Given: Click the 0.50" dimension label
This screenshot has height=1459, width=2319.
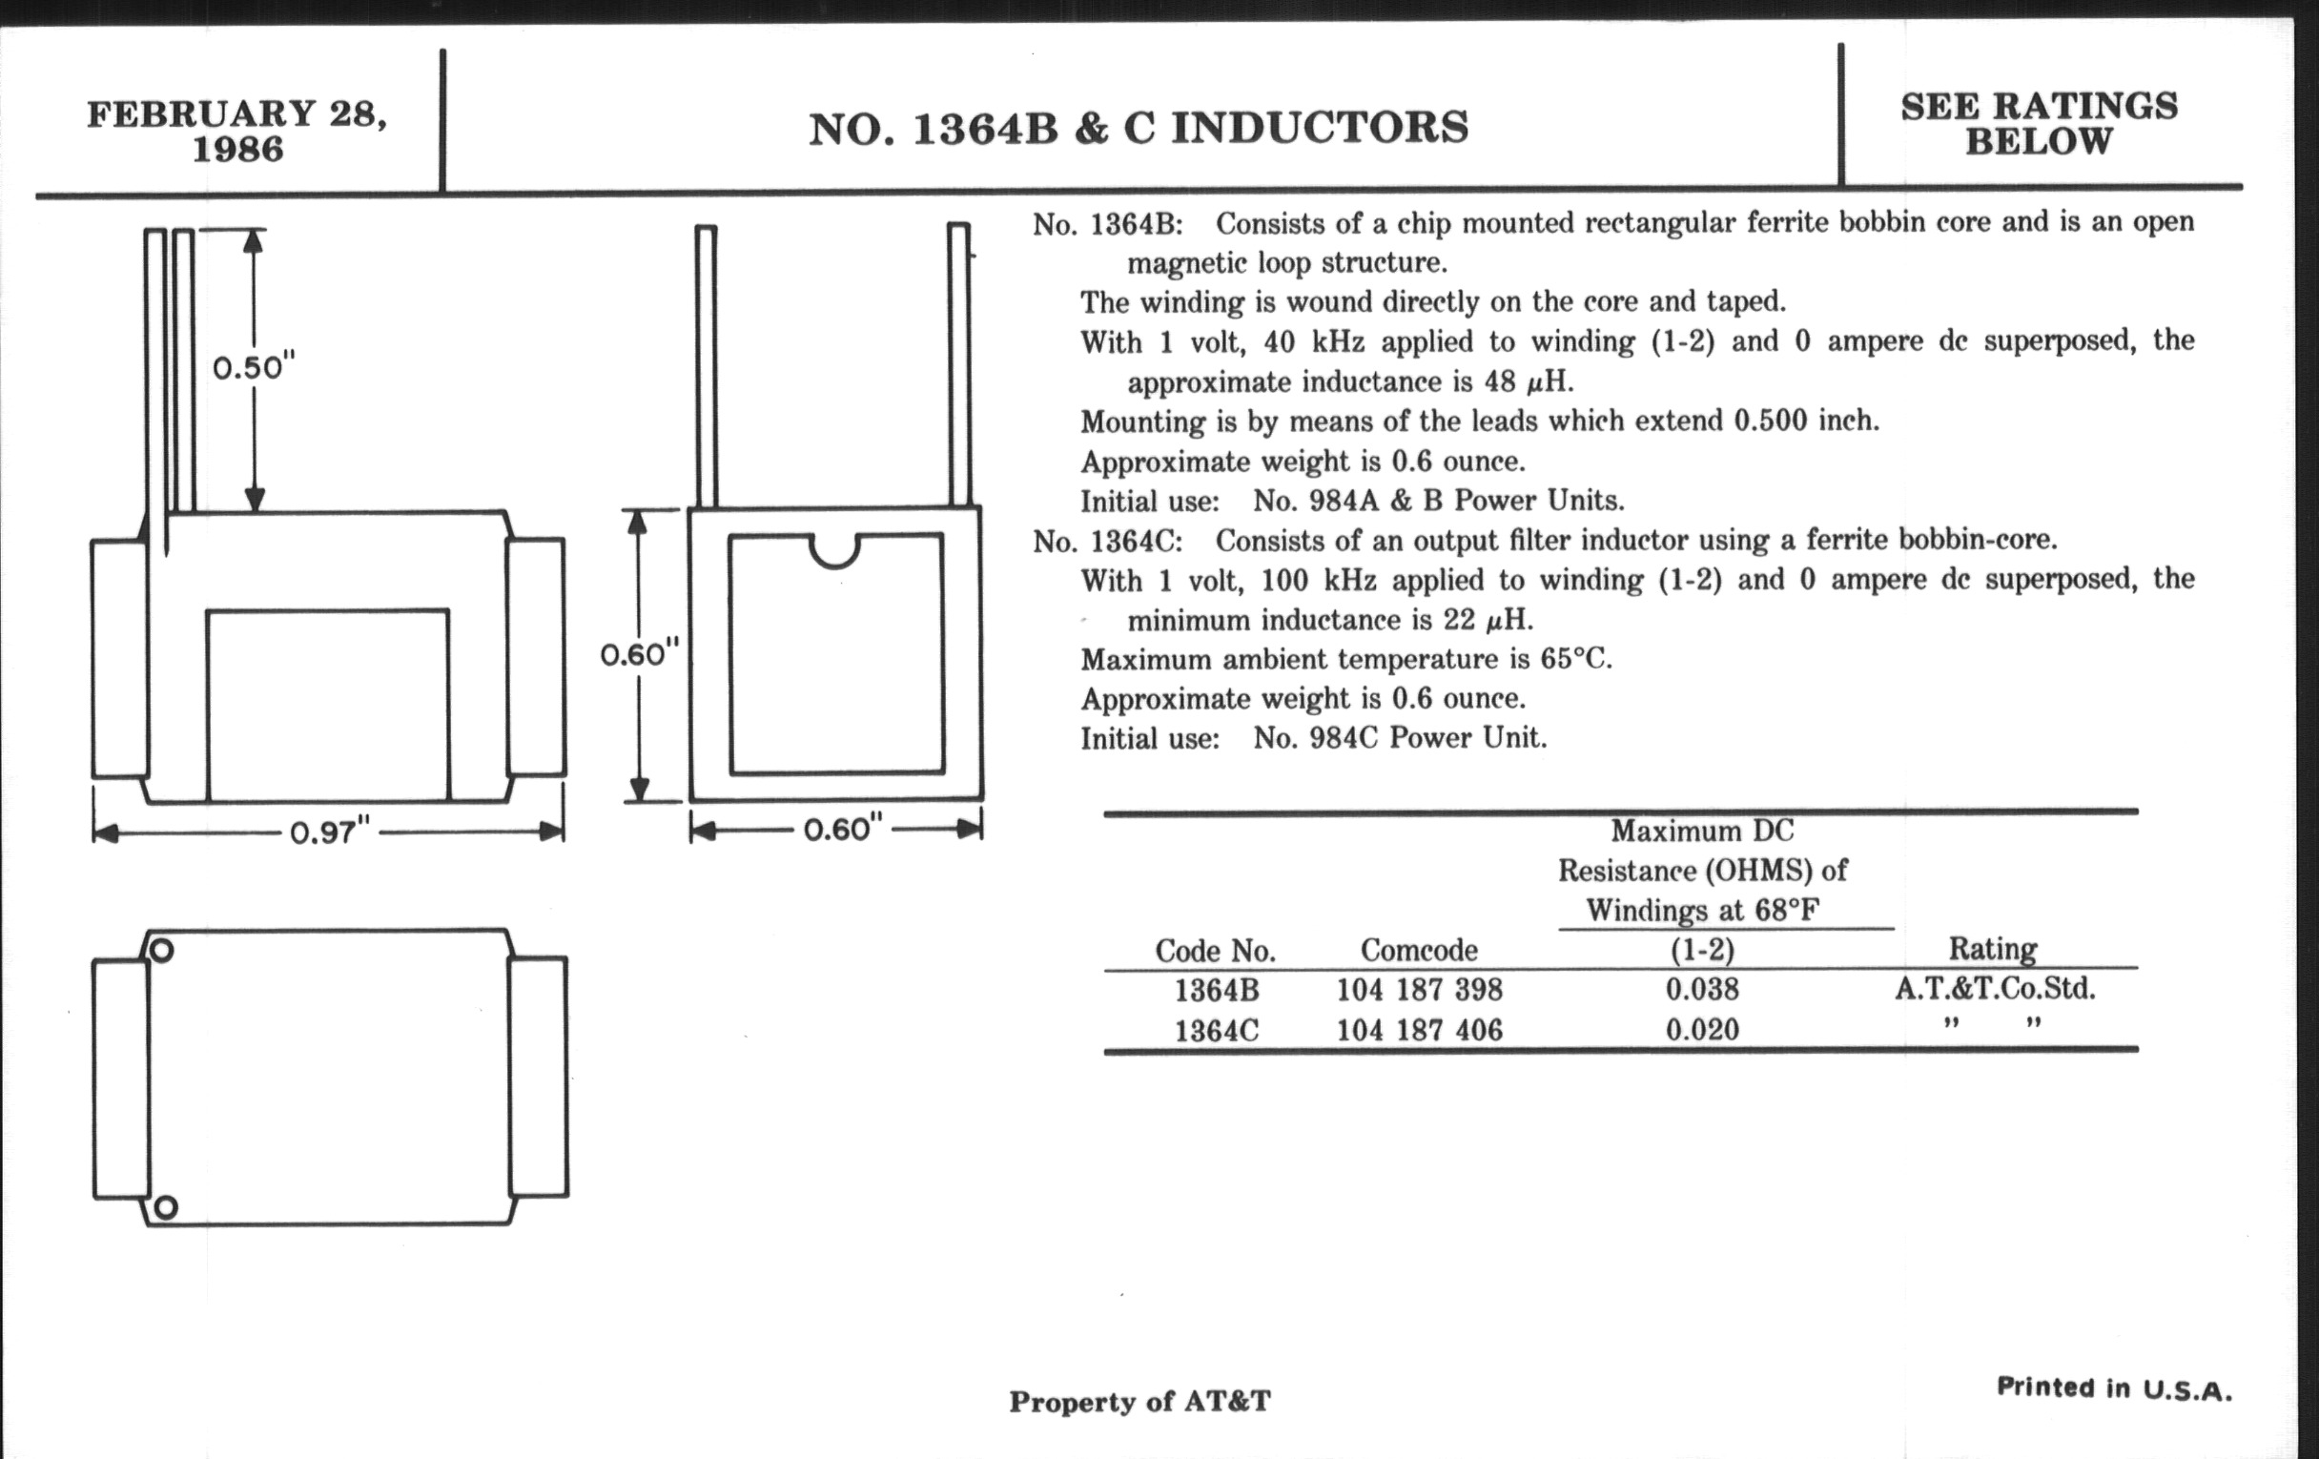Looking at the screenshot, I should coord(253,368).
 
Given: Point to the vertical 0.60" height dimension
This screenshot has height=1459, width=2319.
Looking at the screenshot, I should coord(640,655).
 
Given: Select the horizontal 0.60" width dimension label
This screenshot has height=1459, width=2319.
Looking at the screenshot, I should coord(843,830).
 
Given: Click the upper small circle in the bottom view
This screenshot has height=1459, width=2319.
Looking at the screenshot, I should coord(162,951).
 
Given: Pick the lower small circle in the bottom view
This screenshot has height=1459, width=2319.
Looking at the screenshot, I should coord(165,1206).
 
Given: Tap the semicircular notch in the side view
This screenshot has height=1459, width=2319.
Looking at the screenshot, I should coord(834,551).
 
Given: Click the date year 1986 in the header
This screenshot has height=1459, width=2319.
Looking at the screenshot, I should coord(237,150).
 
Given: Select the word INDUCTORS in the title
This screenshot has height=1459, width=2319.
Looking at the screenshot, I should coord(1320,128).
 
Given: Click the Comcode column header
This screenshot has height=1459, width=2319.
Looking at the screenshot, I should coord(1419,951).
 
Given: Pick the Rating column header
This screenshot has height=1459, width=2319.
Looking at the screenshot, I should coord(1993,949).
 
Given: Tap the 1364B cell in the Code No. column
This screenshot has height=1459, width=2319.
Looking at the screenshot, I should coord(1217,990).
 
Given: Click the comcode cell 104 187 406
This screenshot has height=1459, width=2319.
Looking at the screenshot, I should coord(1419,1031).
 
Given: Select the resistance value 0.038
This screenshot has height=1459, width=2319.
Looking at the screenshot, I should coord(1702,989).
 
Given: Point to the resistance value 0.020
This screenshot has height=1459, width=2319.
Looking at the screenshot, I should coord(1702,1030).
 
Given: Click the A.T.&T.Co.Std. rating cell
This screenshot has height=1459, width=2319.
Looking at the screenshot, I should coord(1995,988).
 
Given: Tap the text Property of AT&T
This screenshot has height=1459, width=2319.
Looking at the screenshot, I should coord(1139,1401).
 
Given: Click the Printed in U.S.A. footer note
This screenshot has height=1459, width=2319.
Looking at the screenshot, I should coord(2114,1388).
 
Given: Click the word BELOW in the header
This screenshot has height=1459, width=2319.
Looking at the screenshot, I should coord(2038,141).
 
